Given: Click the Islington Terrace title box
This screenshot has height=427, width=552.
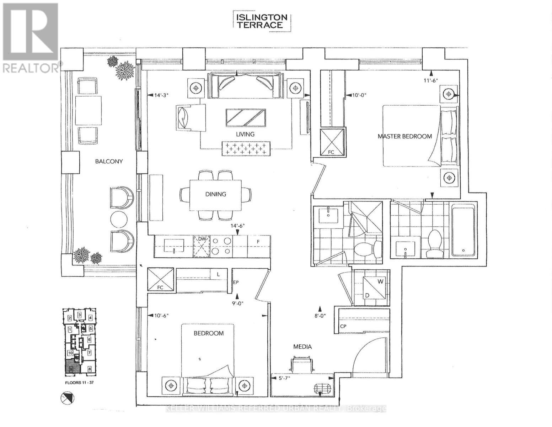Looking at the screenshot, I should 262,21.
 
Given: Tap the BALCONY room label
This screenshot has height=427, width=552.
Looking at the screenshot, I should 109,161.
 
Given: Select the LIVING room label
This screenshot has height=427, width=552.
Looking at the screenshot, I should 245,134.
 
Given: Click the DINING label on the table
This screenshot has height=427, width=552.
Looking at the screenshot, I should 215,194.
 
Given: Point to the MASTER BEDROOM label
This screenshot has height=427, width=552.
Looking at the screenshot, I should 405,136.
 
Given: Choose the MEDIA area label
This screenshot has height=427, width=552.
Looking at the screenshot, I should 302,347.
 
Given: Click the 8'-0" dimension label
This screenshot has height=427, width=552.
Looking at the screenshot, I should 320,315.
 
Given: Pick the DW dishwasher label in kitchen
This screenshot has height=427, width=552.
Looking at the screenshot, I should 202,239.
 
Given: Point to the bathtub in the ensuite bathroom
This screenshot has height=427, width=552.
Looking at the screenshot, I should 463,230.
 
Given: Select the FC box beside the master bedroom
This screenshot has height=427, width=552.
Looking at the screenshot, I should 332,142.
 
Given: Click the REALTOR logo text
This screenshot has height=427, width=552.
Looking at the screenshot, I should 31,68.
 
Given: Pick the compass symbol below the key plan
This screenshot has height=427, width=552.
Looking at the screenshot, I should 67,398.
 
